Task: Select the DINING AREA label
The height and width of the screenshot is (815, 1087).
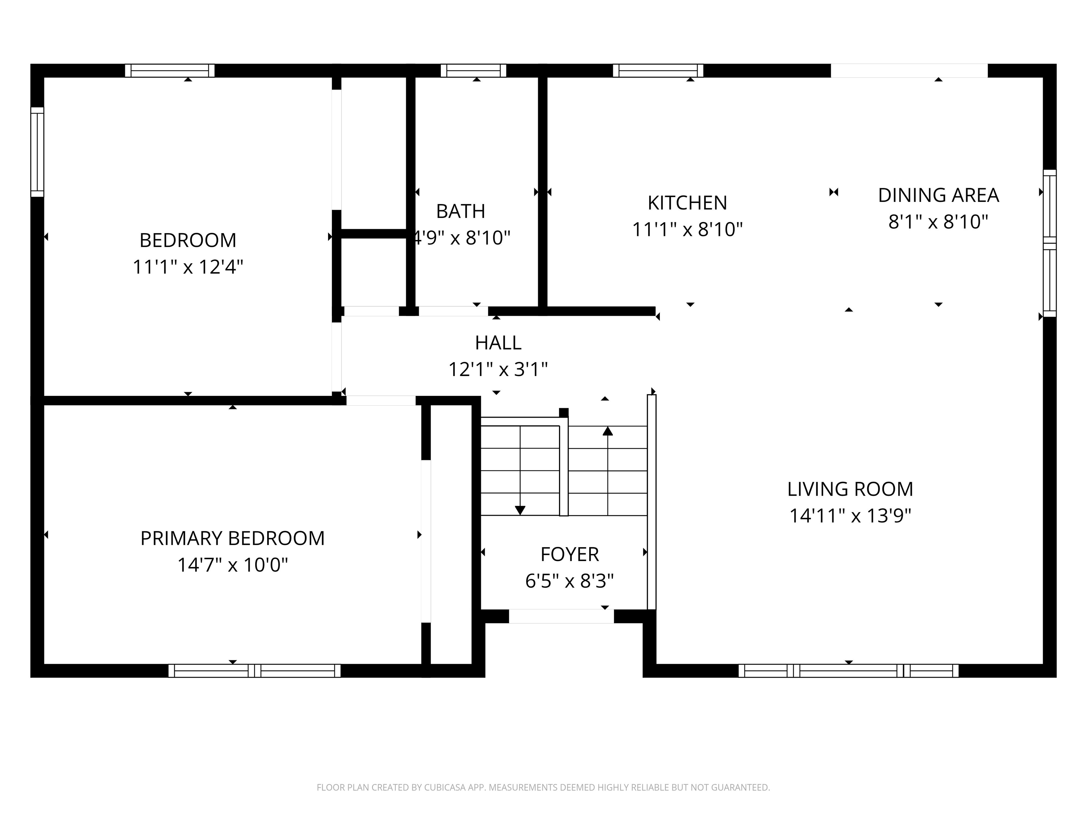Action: tap(938, 195)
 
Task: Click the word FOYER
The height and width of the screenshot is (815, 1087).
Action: tap(570, 555)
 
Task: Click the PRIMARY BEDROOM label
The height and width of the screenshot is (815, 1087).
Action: tap(232, 538)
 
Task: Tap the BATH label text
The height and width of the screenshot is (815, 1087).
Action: tap(460, 211)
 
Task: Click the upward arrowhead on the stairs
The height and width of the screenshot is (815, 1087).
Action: tap(608, 431)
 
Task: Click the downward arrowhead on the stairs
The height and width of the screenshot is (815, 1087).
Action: tap(520, 510)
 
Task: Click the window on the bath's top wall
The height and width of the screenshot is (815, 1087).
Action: tap(473, 71)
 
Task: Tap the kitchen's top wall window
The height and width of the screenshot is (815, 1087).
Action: tap(658, 71)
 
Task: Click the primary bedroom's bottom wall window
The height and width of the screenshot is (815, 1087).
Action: tap(254, 671)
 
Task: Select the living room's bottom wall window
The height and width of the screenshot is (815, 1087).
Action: tap(848, 671)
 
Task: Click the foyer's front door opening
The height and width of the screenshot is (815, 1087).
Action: tap(561, 616)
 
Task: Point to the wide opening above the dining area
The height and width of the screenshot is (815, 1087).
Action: tap(909, 71)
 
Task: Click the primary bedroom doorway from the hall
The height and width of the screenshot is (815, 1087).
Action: tap(381, 400)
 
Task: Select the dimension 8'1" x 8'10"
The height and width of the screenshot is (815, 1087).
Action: tap(938, 222)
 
